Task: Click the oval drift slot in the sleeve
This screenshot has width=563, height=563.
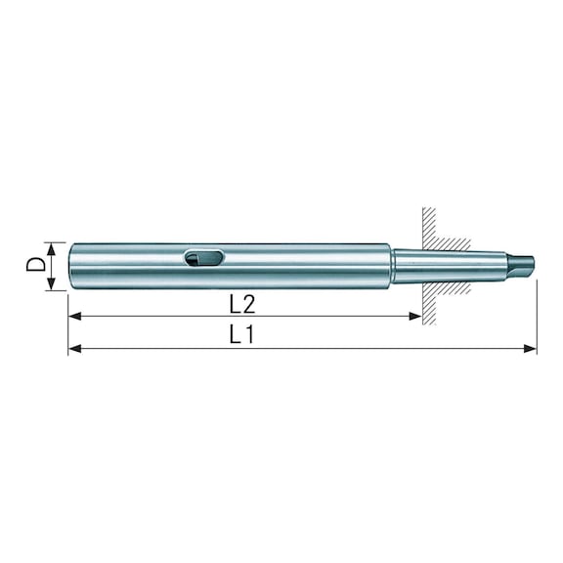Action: [203, 258]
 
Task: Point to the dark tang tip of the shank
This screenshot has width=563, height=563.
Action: [524, 263]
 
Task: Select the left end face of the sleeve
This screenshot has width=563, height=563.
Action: [70, 266]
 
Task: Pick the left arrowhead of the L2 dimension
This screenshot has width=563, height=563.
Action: [74, 316]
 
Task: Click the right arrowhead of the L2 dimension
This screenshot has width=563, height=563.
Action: [416, 316]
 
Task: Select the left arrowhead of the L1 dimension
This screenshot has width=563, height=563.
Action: [74, 348]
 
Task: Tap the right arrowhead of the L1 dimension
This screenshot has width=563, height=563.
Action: [531, 348]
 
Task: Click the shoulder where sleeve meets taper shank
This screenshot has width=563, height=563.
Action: [392, 265]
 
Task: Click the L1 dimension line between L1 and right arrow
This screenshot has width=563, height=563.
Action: [391, 348]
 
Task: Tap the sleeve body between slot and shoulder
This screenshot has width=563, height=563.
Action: [303, 265]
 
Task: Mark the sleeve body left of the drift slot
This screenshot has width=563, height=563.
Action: [127, 265]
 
